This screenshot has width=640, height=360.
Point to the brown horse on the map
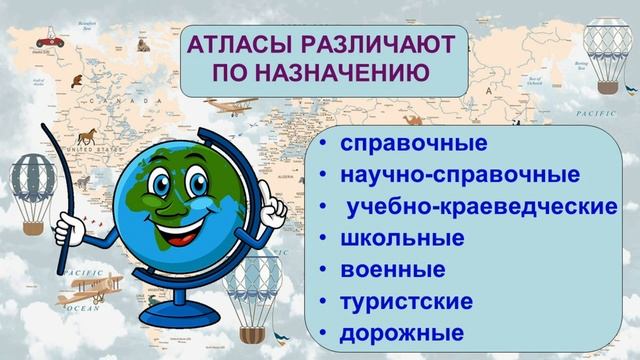point(89,134)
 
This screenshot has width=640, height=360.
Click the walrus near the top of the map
point(139,45)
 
